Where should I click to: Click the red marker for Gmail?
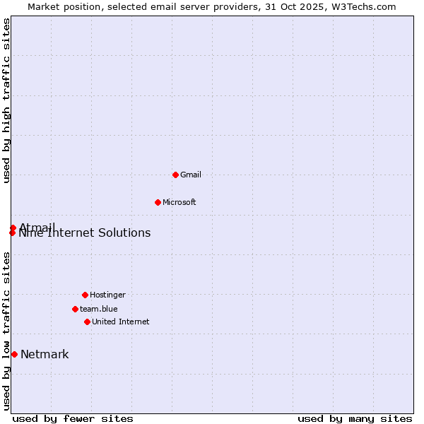tap(175, 175)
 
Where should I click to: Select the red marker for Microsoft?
tap(158, 202)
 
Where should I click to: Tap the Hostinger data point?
tap(85, 295)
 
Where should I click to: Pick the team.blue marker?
tap(75, 309)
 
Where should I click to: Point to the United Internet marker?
tap(87, 322)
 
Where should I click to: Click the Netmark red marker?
tap(14, 354)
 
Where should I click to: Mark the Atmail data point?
tap(13, 228)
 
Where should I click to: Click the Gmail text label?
tap(191, 175)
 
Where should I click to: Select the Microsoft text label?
tap(179, 202)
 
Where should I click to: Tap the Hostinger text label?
tap(107, 295)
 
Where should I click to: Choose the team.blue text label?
tap(99, 309)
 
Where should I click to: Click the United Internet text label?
tap(121, 322)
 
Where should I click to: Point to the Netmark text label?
tap(45, 355)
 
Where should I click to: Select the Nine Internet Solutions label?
tap(85, 233)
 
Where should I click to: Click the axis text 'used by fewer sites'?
tap(73, 418)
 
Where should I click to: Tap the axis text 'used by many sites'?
tap(355, 418)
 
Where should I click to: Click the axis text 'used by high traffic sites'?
tap(6, 101)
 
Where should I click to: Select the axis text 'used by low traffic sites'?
tap(6, 331)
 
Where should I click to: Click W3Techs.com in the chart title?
tap(363, 6)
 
